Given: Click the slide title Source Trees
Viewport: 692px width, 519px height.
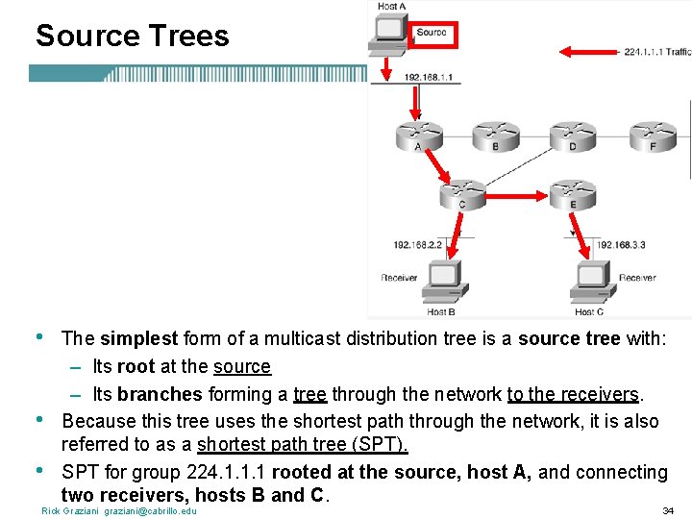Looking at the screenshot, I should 132,37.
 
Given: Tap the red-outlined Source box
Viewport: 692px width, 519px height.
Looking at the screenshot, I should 432,34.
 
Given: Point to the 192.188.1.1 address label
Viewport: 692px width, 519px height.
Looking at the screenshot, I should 428,77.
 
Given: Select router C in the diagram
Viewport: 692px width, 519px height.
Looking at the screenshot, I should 462,192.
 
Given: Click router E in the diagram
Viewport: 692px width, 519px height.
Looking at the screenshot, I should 574,192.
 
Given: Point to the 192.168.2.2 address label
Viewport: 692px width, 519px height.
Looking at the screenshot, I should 417,245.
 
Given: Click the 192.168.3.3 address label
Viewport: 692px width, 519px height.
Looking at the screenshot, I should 620,245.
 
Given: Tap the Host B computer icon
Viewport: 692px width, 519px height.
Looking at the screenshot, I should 441,283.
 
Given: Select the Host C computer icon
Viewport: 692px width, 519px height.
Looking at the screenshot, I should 588,283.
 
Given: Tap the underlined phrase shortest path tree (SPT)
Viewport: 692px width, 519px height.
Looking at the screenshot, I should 303,444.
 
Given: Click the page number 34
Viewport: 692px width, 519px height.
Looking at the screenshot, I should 668,510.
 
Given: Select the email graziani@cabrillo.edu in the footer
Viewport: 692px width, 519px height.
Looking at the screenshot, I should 150,510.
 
